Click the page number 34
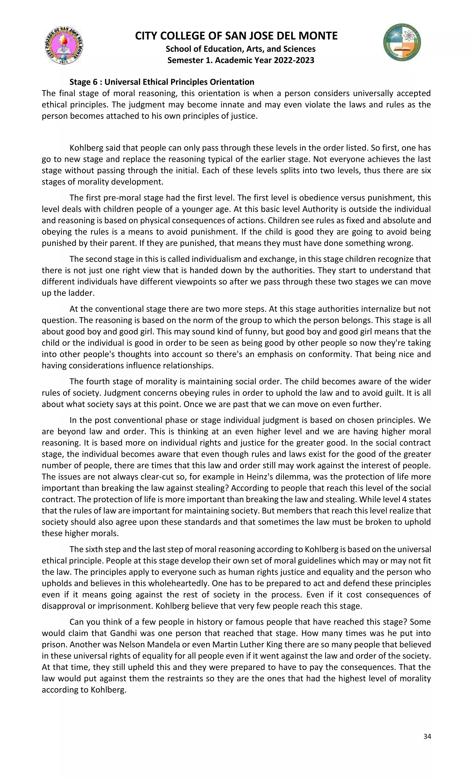tap(427, 736)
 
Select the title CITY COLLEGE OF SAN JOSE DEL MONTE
tap(236, 36)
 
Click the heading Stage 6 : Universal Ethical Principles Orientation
tap(162, 82)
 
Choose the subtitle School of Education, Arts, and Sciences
tap(241, 49)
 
